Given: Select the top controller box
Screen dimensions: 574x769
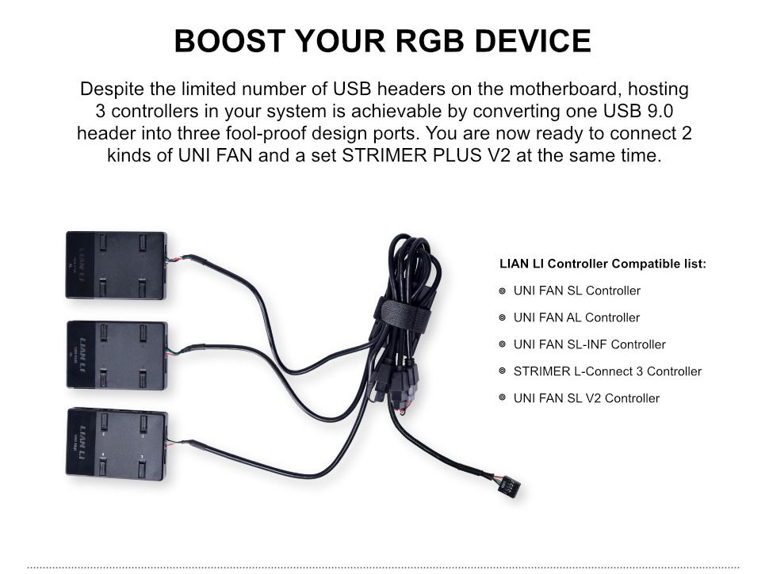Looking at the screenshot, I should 116,264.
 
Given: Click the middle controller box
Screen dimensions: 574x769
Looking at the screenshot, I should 117,355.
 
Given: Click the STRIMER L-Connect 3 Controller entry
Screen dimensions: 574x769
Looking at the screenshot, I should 607,371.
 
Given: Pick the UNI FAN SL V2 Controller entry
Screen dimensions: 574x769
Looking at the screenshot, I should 586,398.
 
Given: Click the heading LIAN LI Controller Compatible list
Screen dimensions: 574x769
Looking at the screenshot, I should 603,264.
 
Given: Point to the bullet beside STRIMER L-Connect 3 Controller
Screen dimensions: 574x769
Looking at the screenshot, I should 503,371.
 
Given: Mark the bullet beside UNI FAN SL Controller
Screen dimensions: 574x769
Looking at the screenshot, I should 503,291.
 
